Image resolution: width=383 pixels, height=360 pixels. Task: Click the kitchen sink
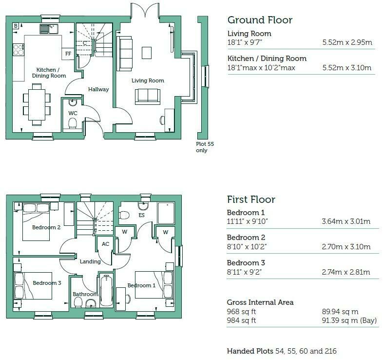point(49,29)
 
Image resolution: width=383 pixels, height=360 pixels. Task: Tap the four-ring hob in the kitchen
point(19,50)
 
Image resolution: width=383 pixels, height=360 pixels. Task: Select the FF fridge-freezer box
point(68,54)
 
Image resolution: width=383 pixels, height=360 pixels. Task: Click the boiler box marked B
point(16,26)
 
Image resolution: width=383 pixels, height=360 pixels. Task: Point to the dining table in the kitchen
point(37,105)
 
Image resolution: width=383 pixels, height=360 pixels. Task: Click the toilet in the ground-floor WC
point(73,123)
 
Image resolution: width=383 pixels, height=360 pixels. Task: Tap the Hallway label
point(98,89)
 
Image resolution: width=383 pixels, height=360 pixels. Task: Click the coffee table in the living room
point(147,53)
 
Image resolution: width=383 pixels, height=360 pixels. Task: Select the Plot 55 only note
point(205,147)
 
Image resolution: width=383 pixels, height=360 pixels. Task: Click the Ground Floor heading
point(260,20)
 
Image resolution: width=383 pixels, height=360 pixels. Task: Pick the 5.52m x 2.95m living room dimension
point(347,42)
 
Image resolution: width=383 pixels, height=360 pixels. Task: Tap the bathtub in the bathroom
point(107,290)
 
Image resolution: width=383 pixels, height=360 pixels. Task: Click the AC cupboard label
point(106,244)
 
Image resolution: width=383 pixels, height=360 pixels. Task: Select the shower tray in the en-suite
point(166,213)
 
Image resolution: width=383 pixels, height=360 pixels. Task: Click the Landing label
point(90,261)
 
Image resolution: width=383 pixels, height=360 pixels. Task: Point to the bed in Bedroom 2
point(36,222)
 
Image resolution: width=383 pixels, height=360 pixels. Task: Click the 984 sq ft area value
point(241,320)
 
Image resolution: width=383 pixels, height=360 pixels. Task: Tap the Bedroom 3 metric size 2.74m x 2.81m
point(346,272)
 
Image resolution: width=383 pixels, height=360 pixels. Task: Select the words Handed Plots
point(250,351)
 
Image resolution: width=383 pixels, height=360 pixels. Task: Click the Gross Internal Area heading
point(260,302)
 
